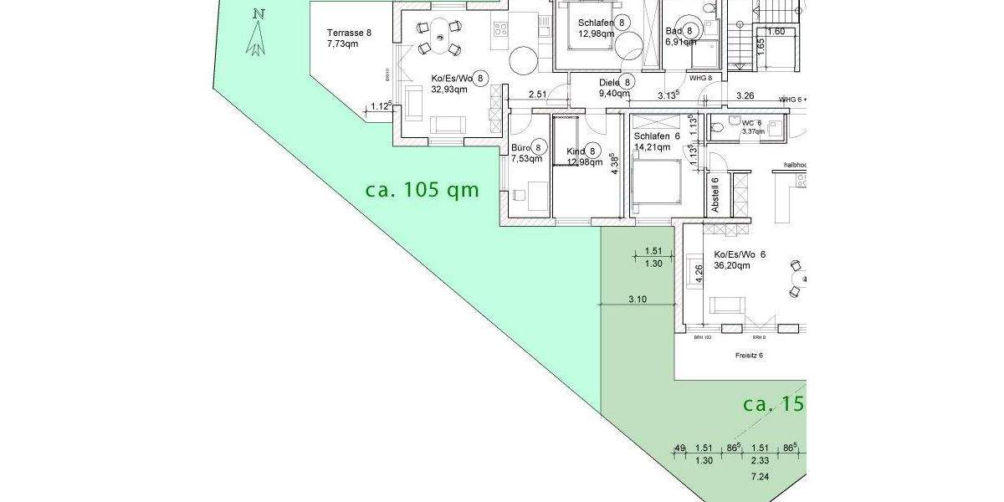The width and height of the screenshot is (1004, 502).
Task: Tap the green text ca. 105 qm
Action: [x=423, y=190]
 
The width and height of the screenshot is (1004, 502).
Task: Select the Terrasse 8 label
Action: [x=348, y=33]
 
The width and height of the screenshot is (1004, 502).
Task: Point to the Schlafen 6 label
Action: [x=657, y=136]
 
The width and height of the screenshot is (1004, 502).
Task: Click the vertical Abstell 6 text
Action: [x=715, y=194]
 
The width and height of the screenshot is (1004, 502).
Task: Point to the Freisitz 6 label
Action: [x=749, y=355]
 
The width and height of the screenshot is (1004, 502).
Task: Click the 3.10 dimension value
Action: [x=637, y=299]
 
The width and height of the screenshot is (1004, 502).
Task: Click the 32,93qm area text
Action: [x=450, y=90]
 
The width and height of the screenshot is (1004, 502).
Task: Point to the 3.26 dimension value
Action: [x=745, y=95]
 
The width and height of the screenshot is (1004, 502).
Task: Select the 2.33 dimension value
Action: [x=761, y=460]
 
